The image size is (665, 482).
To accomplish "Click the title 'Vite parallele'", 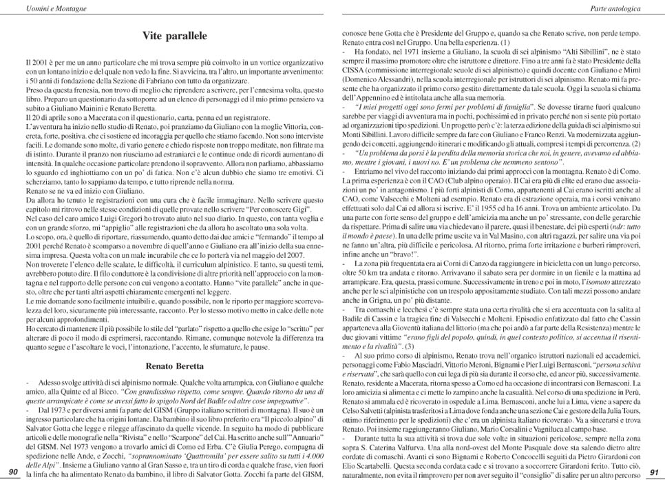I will coord(174,35).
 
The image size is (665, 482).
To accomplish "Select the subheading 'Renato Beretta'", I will coord(174,366).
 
